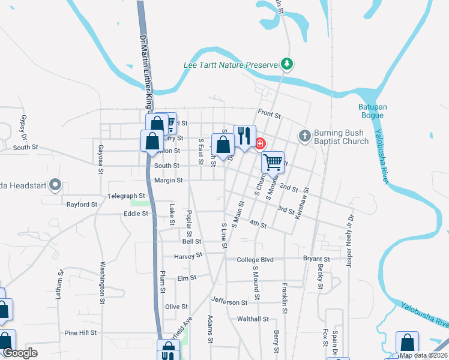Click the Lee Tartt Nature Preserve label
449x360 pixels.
pos(231,64)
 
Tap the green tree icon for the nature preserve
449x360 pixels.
pos(287,64)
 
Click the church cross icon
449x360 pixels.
pos(305,136)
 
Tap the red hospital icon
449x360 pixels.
pos(261,143)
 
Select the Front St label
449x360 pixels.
pos(269,113)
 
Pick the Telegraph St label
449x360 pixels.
pos(126,196)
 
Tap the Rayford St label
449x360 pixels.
pos(82,205)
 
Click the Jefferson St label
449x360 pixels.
pos(229,302)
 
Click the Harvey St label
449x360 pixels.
pos(188,255)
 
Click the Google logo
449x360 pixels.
pos(20,353)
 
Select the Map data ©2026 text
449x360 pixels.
pos(423,355)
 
